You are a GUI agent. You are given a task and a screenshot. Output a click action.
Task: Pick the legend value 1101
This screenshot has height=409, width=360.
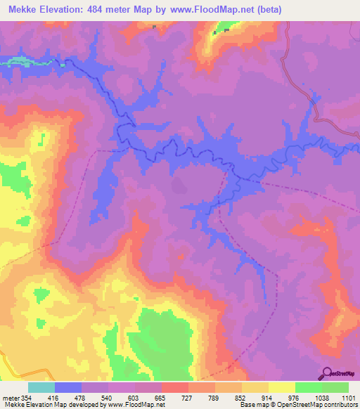349,398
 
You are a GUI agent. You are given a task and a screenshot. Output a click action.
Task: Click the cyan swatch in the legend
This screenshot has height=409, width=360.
41,387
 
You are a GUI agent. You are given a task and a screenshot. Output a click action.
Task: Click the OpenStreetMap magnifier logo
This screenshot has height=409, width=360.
325,374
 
